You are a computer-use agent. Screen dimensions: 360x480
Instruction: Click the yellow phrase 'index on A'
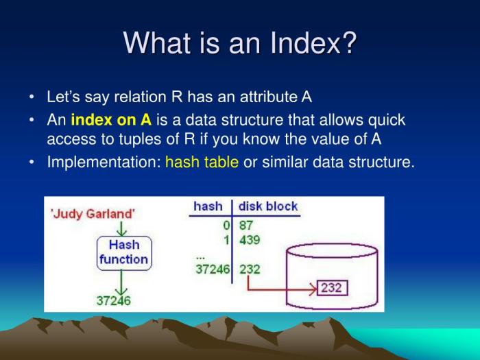(x=110, y=121)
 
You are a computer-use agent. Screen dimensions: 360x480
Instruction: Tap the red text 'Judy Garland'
(x=93, y=213)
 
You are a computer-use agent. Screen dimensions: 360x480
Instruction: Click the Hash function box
(x=123, y=252)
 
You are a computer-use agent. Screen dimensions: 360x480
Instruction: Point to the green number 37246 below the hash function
(x=113, y=300)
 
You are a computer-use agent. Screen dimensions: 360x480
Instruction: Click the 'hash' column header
(x=208, y=206)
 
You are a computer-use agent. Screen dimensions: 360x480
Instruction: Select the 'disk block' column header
(x=269, y=206)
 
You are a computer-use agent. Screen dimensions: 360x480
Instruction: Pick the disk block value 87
(x=245, y=225)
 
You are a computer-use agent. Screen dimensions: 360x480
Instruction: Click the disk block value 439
(x=249, y=239)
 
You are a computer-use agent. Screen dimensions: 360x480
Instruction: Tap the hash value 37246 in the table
(x=213, y=269)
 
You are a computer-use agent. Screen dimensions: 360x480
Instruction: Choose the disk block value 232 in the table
(x=250, y=269)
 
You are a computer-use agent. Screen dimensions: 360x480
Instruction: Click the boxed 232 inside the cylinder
(x=332, y=287)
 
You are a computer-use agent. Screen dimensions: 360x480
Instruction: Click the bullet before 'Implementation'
(x=32, y=163)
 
